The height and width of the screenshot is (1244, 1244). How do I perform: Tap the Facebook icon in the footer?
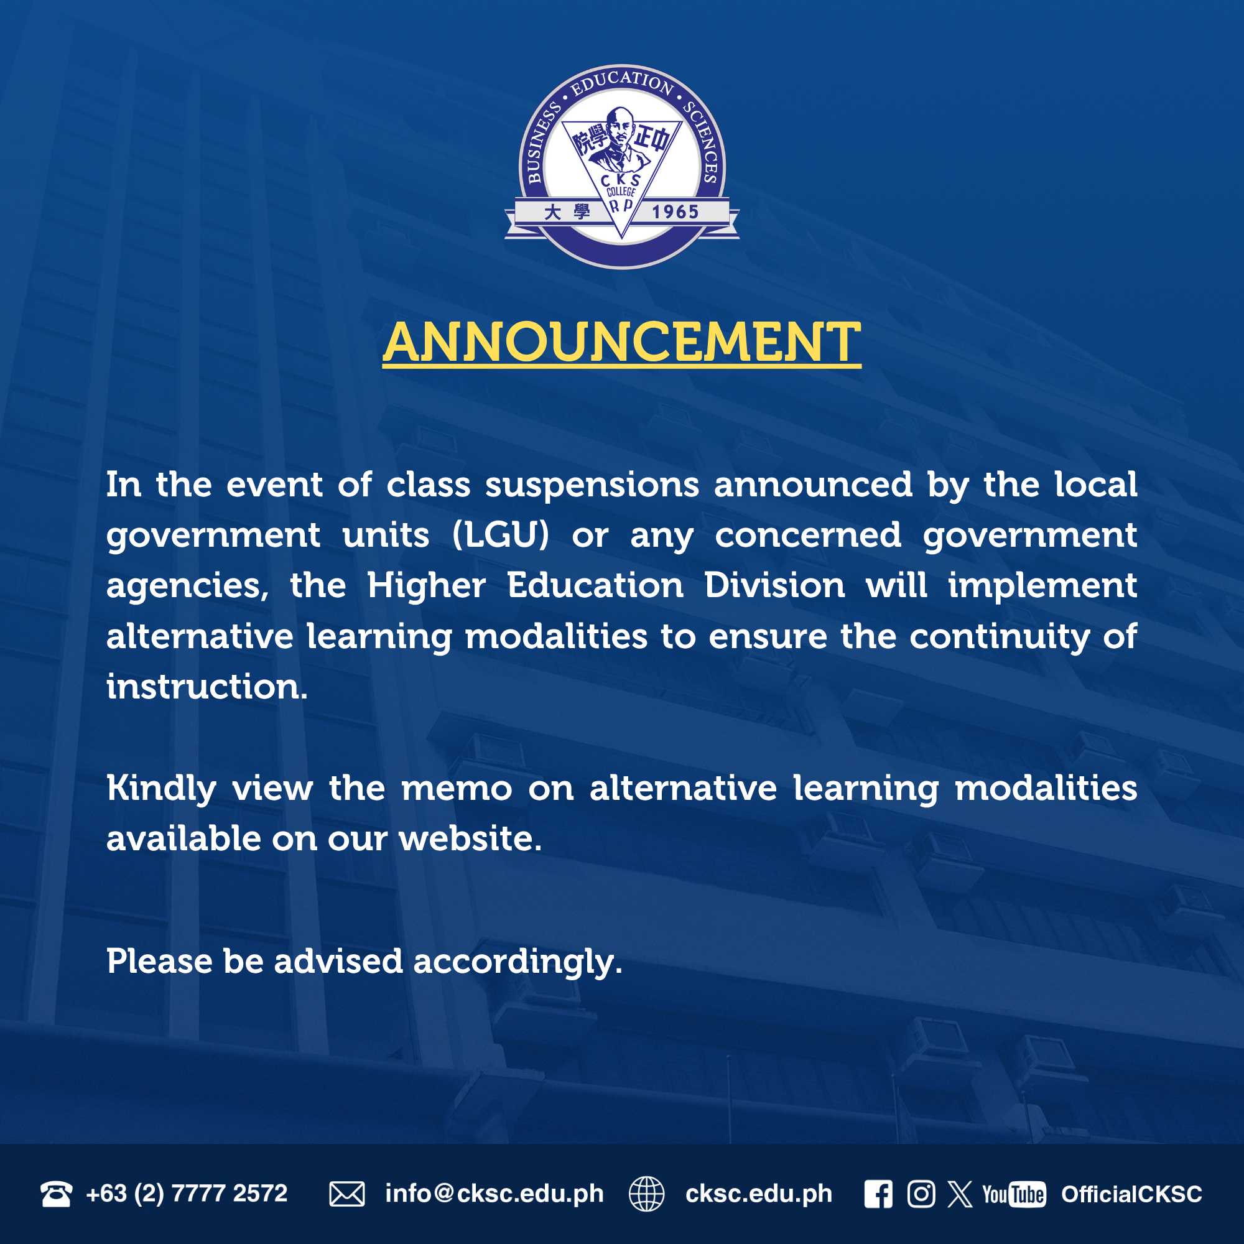(x=878, y=1194)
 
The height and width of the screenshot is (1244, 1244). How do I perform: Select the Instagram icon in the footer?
(x=921, y=1194)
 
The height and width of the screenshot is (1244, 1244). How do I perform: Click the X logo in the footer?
(x=960, y=1194)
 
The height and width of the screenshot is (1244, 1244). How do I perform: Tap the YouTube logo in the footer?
(x=1014, y=1194)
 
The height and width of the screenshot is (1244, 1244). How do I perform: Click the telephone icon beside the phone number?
(x=56, y=1194)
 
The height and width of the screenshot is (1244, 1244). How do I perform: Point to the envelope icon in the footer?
(x=347, y=1194)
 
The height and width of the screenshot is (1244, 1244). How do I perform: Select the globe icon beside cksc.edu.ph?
(x=646, y=1194)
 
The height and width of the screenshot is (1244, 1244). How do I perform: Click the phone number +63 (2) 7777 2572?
(x=187, y=1194)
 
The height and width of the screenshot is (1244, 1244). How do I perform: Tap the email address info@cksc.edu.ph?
(x=494, y=1194)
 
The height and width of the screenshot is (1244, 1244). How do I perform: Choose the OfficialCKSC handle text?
(x=1132, y=1194)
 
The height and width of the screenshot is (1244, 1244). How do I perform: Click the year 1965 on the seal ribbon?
(x=675, y=212)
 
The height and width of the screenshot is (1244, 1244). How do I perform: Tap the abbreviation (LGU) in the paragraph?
(x=501, y=535)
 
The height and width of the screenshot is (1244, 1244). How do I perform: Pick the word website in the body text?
(x=470, y=839)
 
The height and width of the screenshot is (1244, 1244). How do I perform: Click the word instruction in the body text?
(x=207, y=687)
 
